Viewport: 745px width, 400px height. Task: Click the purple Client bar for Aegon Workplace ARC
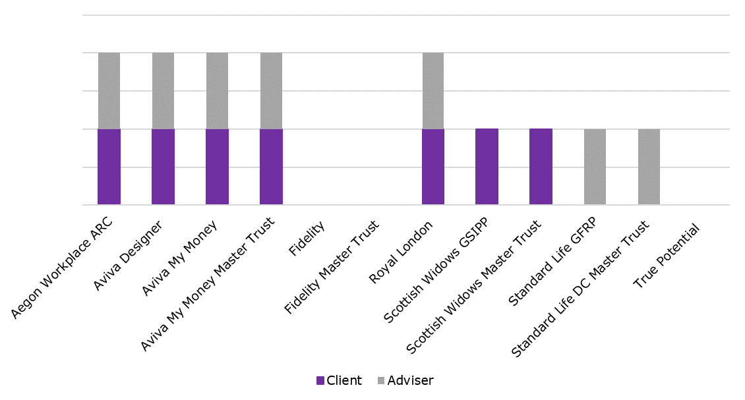(x=109, y=167)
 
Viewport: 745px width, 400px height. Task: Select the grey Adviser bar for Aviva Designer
(x=163, y=91)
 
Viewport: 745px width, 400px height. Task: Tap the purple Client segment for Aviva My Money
(x=217, y=167)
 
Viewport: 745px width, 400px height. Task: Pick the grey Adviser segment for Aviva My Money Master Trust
(x=271, y=91)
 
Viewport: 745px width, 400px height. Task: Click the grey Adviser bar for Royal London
(x=433, y=91)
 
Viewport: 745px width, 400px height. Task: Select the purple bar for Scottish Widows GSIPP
(x=487, y=167)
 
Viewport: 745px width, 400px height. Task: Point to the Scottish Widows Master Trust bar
(x=541, y=167)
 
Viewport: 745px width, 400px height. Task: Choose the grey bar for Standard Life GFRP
(x=595, y=167)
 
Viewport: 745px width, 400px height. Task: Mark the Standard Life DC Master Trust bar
(x=649, y=167)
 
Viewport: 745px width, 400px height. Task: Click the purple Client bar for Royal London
(x=433, y=167)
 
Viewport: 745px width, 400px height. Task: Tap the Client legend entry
(x=340, y=380)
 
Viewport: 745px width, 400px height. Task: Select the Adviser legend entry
(x=405, y=380)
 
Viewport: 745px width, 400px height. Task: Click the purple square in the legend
(x=320, y=380)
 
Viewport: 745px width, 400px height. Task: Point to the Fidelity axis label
(x=307, y=239)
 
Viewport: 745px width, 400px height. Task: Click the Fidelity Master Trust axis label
(x=332, y=267)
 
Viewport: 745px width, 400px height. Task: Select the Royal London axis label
(x=402, y=252)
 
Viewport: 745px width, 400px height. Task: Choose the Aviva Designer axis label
(x=128, y=255)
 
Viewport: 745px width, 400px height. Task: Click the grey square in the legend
(x=381, y=380)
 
